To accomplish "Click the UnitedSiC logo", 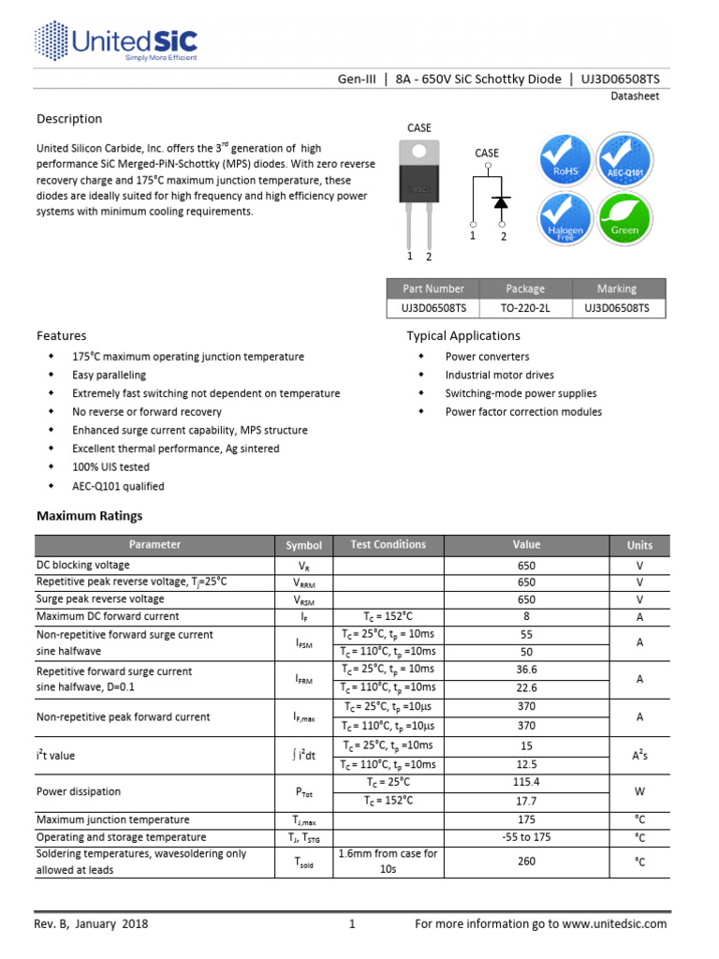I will (x=116, y=41).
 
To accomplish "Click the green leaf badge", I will (x=624, y=220).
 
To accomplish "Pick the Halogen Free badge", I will (x=564, y=220).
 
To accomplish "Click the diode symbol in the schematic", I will (x=502, y=201).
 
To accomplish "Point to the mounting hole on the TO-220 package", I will (x=419, y=151).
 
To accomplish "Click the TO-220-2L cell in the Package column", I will (x=525, y=307).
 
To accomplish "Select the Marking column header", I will (x=616, y=288).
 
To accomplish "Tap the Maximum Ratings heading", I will (x=89, y=516).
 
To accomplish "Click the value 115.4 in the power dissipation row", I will (x=526, y=782).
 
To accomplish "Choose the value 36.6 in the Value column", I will (x=526, y=670).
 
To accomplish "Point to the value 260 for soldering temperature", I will (x=526, y=862).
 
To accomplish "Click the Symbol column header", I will (x=303, y=545).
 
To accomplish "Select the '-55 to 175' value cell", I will (x=526, y=837).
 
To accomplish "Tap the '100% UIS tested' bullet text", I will (x=110, y=467).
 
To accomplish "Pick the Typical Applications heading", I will (x=462, y=336).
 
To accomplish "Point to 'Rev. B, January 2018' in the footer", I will (x=92, y=924).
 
